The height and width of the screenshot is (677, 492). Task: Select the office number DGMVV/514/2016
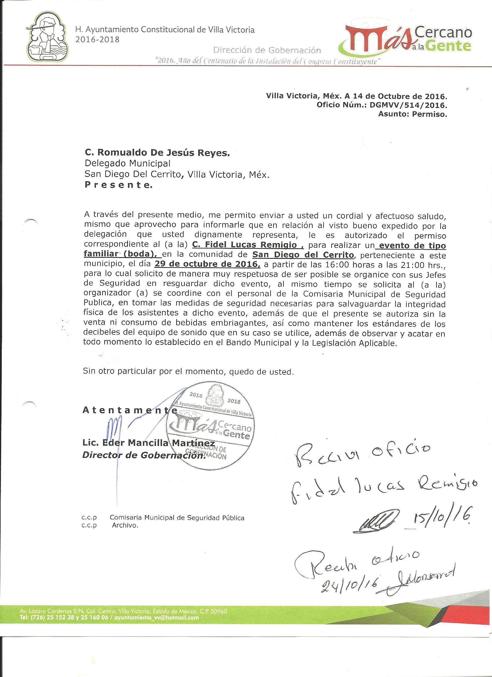point(408,105)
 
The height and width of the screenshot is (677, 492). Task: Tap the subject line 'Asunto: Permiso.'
point(413,114)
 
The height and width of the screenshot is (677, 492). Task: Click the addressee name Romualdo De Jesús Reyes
point(157,153)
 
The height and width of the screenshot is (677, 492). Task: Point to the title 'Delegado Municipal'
point(127,163)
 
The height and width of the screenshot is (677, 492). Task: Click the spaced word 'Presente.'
point(118,185)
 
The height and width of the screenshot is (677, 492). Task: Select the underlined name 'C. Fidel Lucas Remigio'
point(247,245)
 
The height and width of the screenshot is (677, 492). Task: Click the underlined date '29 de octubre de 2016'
point(207,264)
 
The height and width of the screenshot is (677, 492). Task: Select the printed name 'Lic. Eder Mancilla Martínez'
point(148,443)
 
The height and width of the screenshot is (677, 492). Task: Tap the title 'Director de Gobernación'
point(144,455)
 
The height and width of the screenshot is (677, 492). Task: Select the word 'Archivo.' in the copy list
point(125,534)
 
